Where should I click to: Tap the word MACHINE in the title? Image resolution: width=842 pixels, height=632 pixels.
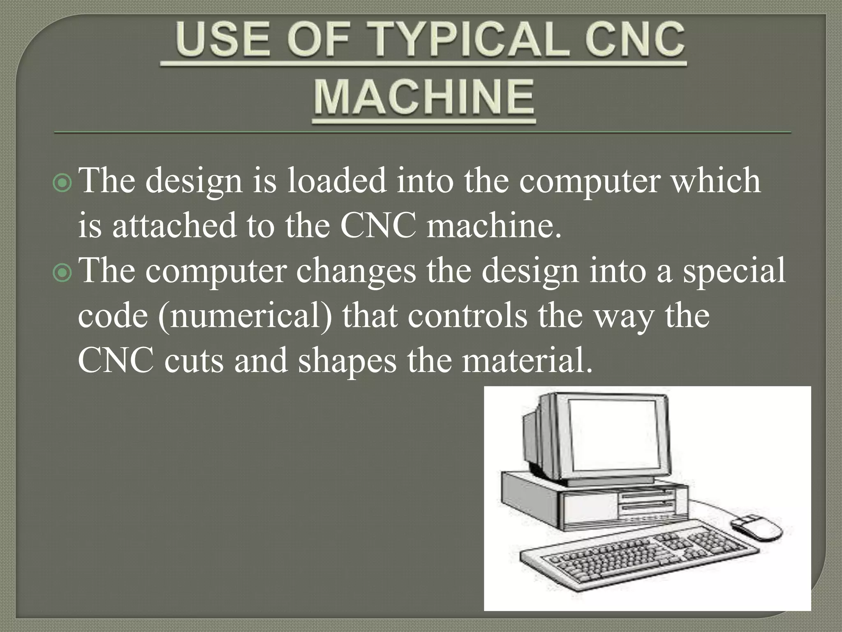coord(424,98)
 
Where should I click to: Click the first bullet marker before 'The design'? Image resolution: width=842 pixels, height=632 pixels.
coord(63,184)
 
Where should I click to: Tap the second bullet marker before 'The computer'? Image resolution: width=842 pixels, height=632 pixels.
coord(63,274)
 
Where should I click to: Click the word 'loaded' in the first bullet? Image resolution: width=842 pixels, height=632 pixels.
coord(336,181)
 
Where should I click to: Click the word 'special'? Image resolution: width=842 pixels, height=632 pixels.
coord(734,272)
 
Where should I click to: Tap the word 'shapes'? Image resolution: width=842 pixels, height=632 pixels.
coord(347,361)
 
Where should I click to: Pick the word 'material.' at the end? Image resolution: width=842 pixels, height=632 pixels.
coord(527,361)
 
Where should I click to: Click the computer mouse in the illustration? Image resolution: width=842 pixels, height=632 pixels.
coord(756,527)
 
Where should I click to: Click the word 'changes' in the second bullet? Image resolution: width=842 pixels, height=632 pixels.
coord(356,272)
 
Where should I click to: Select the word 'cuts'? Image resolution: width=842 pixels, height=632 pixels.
coord(194,361)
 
